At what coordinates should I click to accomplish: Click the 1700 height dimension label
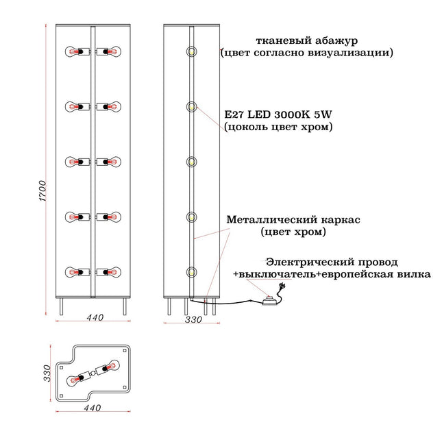(42, 191)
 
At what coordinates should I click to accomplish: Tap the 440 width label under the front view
(95, 317)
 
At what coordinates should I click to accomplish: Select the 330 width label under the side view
(193, 319)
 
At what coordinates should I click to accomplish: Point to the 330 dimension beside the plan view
(47, 373)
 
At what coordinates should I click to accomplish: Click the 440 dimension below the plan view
(93, 408)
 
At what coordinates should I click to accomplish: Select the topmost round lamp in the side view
(191, 51)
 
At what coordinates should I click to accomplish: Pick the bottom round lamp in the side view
(191, 272)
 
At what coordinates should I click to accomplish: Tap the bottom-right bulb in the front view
(113, 272)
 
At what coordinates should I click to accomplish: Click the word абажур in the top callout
(336, 41)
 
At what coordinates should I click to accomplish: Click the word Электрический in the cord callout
(310, 262)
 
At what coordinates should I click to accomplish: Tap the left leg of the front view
(61, 306)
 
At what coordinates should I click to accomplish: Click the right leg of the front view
(125, 306)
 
